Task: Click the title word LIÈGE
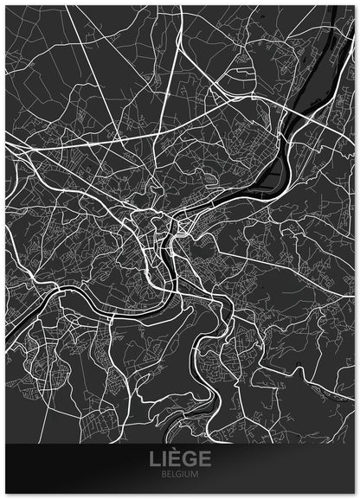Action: [x=179, y=459]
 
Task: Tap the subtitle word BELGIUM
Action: [x=179, y=474]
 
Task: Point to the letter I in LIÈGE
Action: [x=164, y=459]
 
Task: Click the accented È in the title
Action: [x=176, y=459]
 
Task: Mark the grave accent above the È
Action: [x=175, y=452]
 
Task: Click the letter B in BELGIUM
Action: [x=164, y=474]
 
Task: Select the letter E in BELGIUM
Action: [x=169, y=474]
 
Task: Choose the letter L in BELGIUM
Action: [x=174, y=474]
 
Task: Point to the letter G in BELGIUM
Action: [x=179, y=474]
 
